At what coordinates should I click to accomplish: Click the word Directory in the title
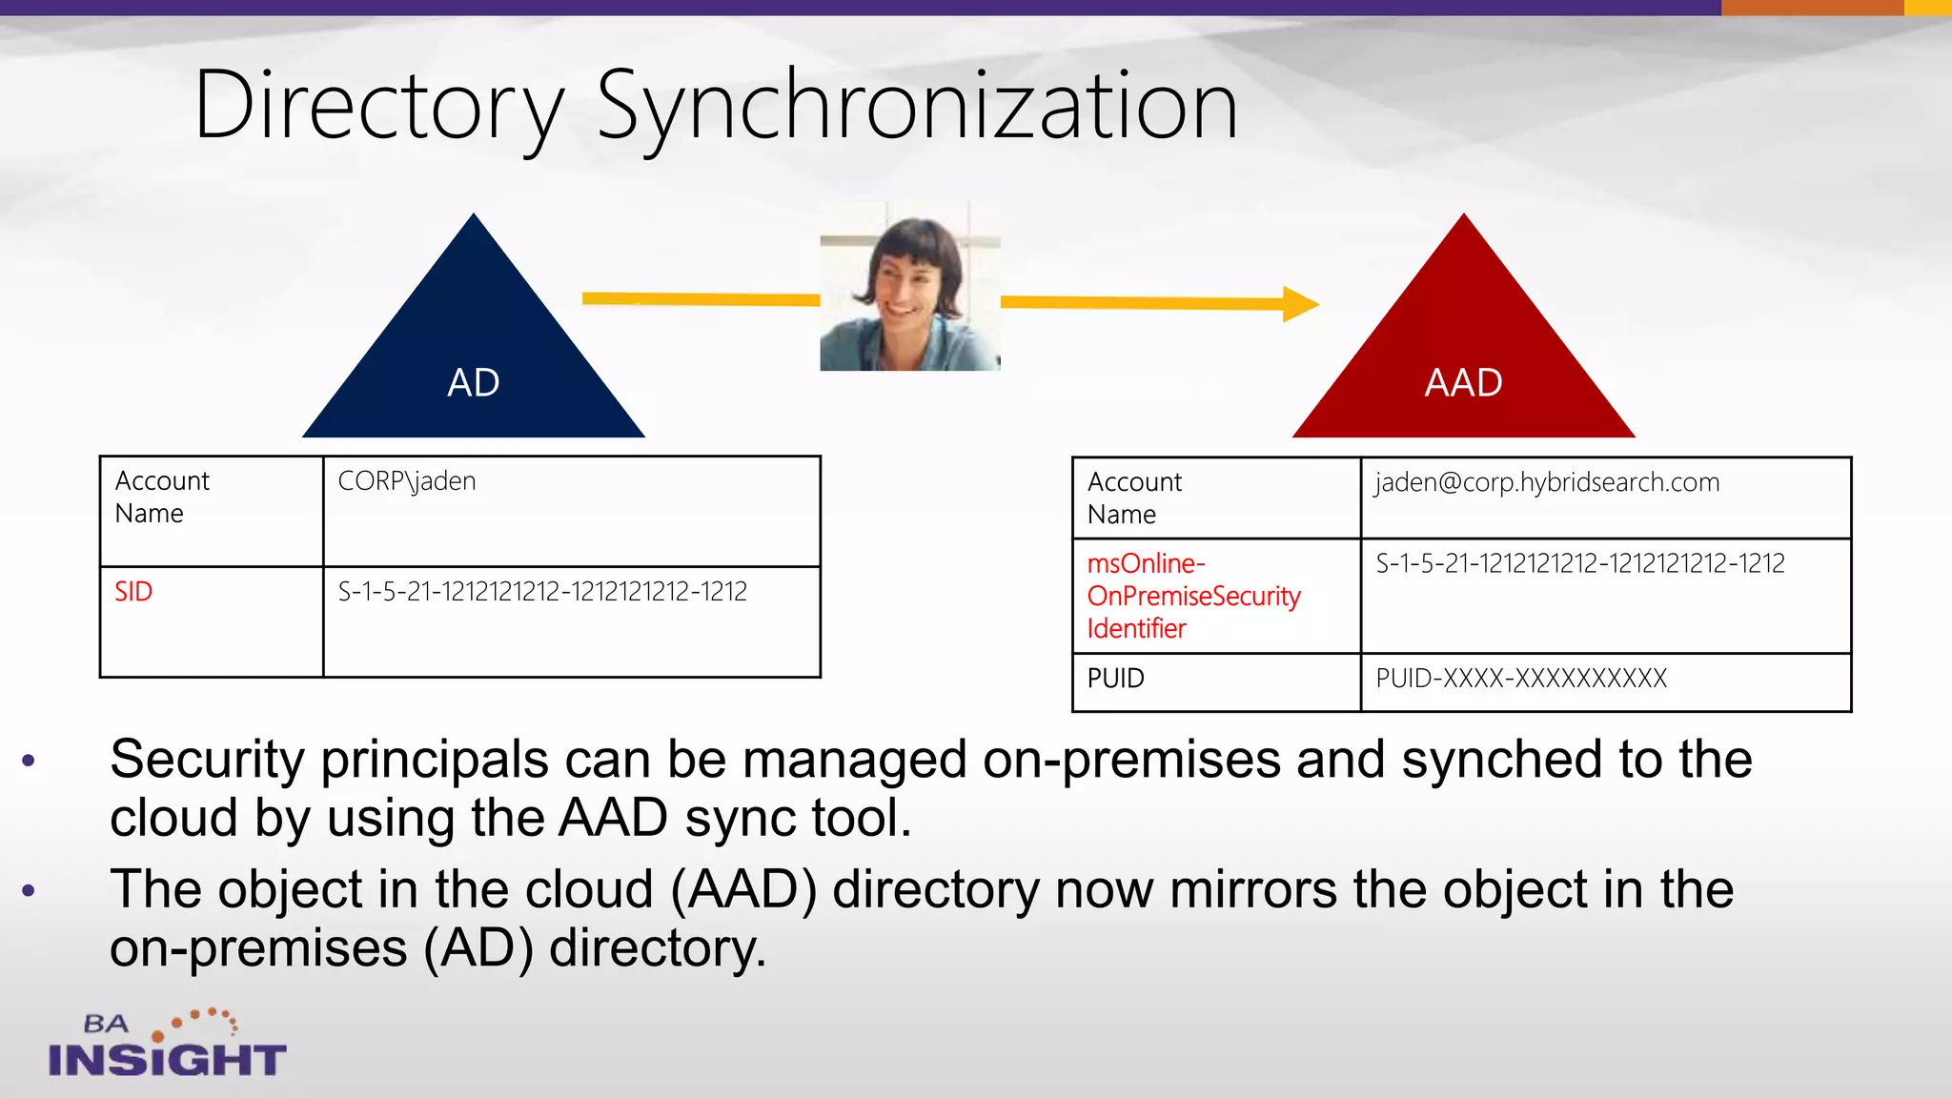[x=379, y=107]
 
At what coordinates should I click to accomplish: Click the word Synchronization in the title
[x=917, y=107]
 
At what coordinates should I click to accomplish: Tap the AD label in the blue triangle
[x=474, y=383]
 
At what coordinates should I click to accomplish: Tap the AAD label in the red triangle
[x=1463, y=383]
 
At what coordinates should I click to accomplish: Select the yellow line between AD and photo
[x=701, y=299]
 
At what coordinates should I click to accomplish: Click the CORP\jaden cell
[x=407, y=481]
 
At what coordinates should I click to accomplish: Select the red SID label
[x=133, y=592]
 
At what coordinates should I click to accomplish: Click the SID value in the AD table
[x=542, y=592]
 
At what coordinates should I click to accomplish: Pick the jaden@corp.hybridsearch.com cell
[x=1547, y=482]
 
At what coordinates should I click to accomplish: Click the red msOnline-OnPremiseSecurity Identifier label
[x=1193, y=596]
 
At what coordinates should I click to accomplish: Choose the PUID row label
[x=1115, y=679]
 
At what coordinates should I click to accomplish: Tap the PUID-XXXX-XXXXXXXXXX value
[x=1521, y=679]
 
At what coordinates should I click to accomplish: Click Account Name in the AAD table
[x=1134, y=498]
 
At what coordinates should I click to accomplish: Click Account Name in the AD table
[x=162, y=497]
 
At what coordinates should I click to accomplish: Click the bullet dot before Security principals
[x=29, y=761]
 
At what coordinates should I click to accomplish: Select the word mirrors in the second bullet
[x=1252, y=890]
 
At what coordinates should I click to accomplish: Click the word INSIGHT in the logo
[x=167, y=1060]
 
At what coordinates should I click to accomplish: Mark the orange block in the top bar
[x=1812, y=8]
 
